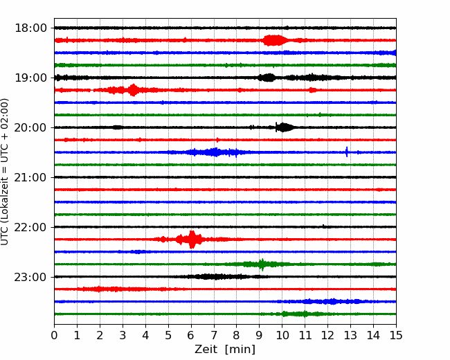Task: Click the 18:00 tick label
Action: pyautogui.click(x=30, y=28)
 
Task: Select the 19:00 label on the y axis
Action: pyautogui.click(x=30, y=78)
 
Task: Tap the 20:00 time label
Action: pyautogui.click(x=30, y=127)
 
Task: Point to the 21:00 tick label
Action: pyautogui.click(x=30, y=177)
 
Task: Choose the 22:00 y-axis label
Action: pyautogui.click(x=30, y=227)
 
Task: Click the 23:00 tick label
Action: pyautogui.click(x=30, y=277)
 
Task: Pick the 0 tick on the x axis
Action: pyautogui.click(x=54, y=335)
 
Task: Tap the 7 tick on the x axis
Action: pyautogui.click(x=214, y=335)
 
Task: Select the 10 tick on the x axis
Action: pyautogui.click(x=282, y=335)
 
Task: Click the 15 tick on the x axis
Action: pyautogui.click(x=396, y=335)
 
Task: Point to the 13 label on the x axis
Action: pyautogui.click(x=350, y=335)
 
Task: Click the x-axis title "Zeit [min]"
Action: pyautogui.click(x=225, y=350)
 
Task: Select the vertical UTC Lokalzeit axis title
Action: pyautogui.click(x=5, y=172)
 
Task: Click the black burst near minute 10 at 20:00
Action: pyautogui.click(x=284, y=127)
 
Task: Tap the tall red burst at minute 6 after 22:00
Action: pyautogui.click(x=192, y=240)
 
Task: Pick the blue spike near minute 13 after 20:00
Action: pyautogui.click(x=347, y=152)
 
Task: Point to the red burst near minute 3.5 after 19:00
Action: pyautogui.click(x=133, y=90)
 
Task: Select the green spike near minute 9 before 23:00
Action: pyautogui.click(x=262, y=264)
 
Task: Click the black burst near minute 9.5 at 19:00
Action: pyautogui.click(x=267, y=78)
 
